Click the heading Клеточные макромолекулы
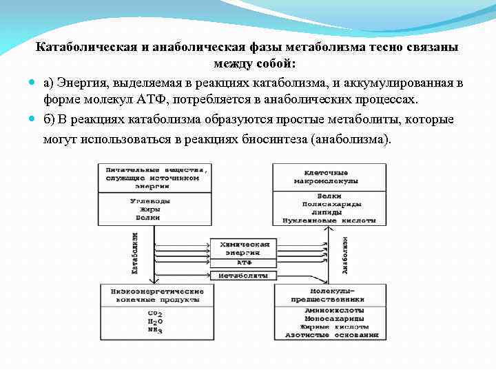(x=326, y=176)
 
